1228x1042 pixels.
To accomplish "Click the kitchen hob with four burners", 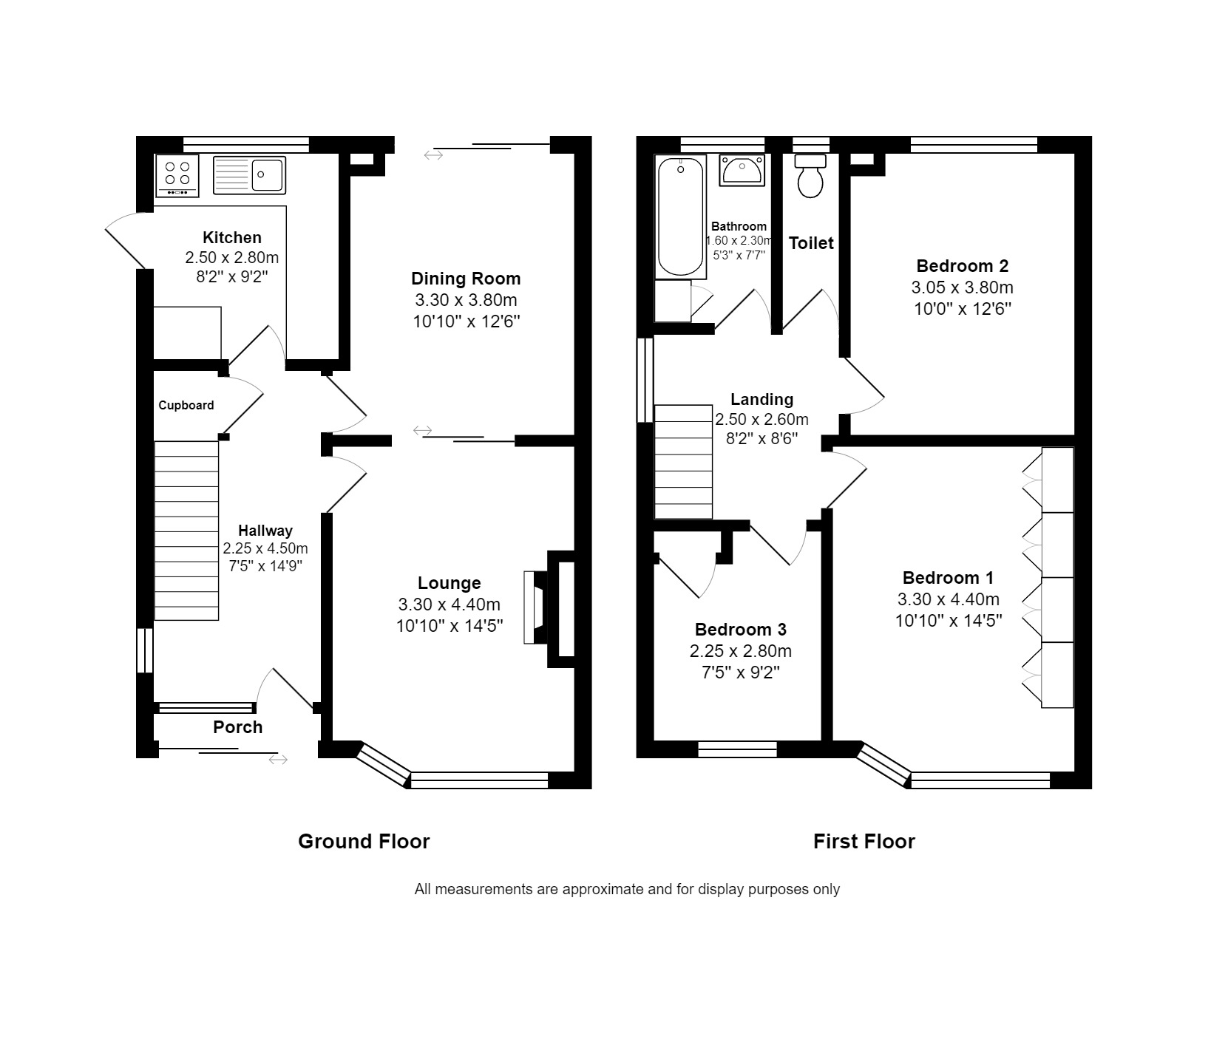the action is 177,175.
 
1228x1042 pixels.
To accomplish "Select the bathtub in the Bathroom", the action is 679,217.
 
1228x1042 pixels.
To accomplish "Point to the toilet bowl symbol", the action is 810,176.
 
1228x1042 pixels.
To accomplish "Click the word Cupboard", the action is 186,405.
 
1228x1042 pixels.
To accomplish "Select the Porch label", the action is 238,727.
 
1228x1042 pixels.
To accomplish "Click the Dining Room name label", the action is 466,279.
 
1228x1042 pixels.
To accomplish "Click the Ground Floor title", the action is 364,841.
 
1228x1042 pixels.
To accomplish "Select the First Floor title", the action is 864,841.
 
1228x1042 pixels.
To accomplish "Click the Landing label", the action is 762,400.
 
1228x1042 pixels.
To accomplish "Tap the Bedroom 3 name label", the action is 741,630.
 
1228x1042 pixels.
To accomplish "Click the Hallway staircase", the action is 186,531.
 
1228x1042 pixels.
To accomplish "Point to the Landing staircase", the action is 684,462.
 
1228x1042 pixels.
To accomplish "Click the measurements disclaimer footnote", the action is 627,889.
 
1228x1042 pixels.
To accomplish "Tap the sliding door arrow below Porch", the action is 278,760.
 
